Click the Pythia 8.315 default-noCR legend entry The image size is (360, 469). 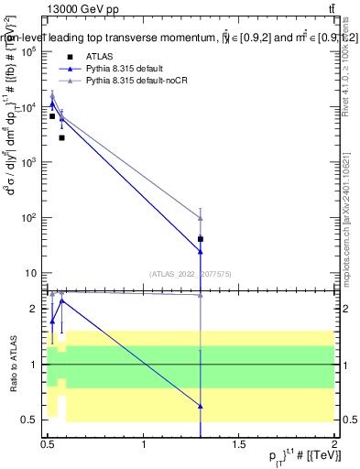click(x=138, y=82)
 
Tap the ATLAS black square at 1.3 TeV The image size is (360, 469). click(x=201, y=239)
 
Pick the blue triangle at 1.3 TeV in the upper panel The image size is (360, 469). click(x=201, y=251)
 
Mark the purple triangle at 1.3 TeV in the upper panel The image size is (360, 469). click(x=201, y=218)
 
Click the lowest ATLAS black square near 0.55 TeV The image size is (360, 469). click(x=61, y=137)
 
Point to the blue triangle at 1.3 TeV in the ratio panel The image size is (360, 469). click(x=201, y=406)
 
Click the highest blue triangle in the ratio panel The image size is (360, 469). click(x=61, y=300)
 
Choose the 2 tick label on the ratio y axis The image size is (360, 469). click(x=35, y=309)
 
